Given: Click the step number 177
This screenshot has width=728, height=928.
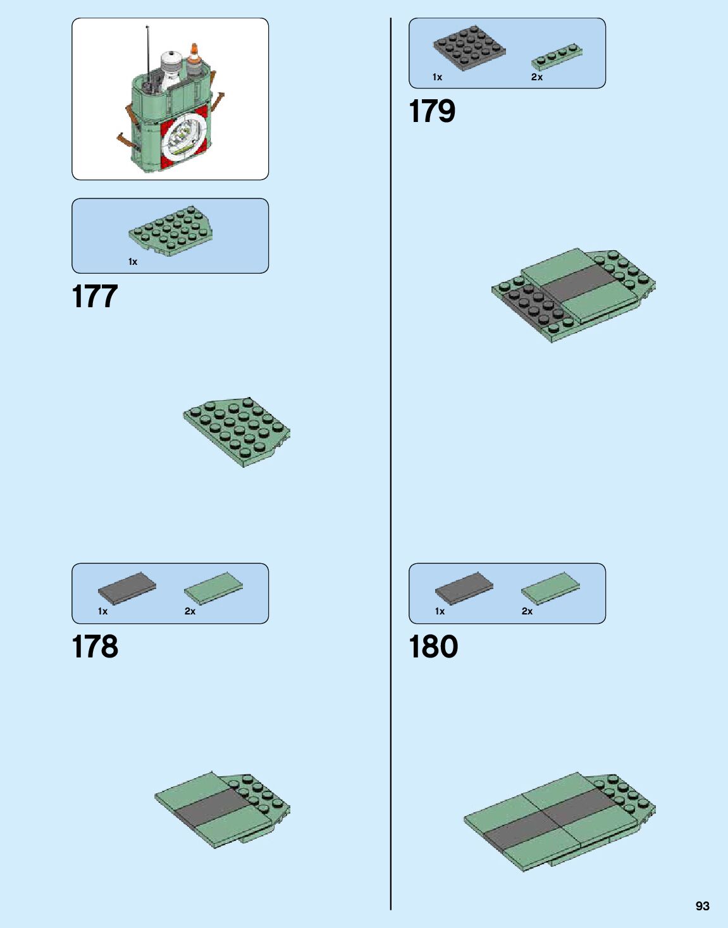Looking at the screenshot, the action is [95, 296].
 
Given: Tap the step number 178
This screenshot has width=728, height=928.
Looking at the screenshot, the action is [95, 647].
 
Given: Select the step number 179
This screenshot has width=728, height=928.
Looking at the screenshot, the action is [432, 111].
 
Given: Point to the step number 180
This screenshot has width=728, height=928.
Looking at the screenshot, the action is [433, 647].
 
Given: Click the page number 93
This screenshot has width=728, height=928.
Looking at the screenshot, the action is [702, 906].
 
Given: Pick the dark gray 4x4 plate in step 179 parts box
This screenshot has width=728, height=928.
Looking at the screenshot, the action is [469, 47].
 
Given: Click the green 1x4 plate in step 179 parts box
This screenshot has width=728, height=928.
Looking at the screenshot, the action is [557, 56].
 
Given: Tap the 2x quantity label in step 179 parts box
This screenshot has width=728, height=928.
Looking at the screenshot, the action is [536, 77].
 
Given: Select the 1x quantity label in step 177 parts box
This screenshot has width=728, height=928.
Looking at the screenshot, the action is [133, 262].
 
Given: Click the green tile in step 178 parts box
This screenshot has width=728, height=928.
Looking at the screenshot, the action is [213, 587].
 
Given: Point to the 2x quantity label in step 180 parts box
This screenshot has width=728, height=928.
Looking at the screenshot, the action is [527, 611].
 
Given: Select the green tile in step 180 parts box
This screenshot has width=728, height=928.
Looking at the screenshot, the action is [550, 587].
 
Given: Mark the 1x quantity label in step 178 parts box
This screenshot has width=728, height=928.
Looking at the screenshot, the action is [102, 611].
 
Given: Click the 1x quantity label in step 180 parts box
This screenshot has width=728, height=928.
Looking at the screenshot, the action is [440, 611].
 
